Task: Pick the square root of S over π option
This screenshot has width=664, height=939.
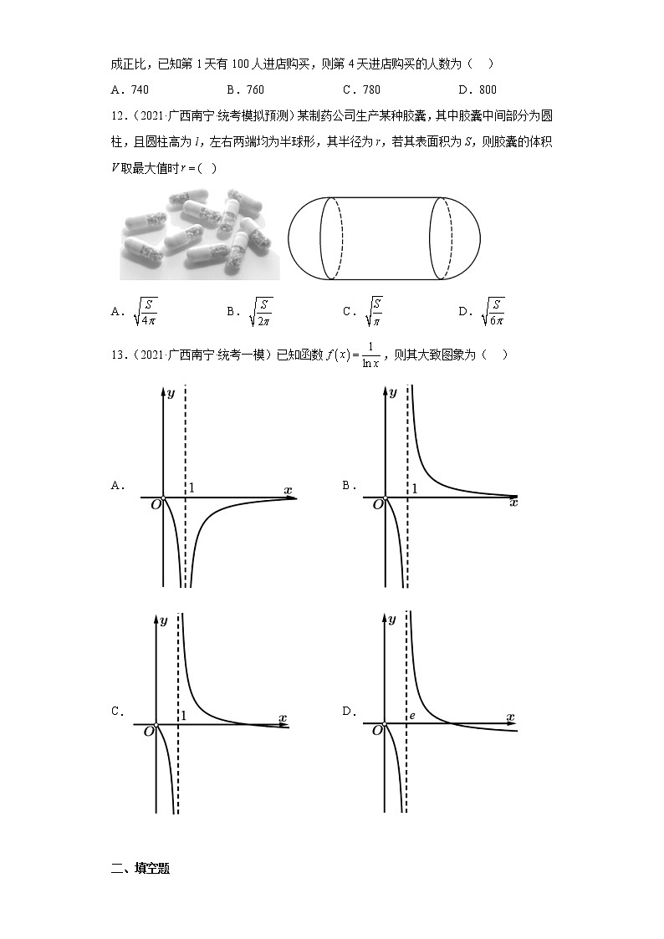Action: [x=375, y=312]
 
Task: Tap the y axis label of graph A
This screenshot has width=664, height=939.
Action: [x=171, y=392]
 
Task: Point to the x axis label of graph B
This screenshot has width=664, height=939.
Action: [x=513, y=503]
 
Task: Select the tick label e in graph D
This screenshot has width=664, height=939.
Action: [x=411, y=717]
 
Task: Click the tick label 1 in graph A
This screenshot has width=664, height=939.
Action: [x=191, y=488]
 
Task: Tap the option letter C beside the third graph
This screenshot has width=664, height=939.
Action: [x=117, y=712]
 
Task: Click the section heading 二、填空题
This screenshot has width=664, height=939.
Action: [x=140, y=869]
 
